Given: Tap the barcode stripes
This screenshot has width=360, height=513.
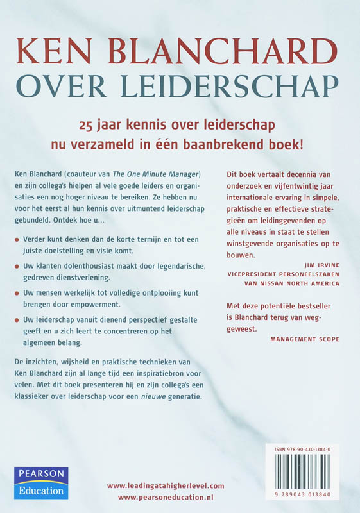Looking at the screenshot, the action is (305, 473).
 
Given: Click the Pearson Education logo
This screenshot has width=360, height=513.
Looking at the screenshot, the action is (40, 483).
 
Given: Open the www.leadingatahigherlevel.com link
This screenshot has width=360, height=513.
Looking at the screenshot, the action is (165, 486).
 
